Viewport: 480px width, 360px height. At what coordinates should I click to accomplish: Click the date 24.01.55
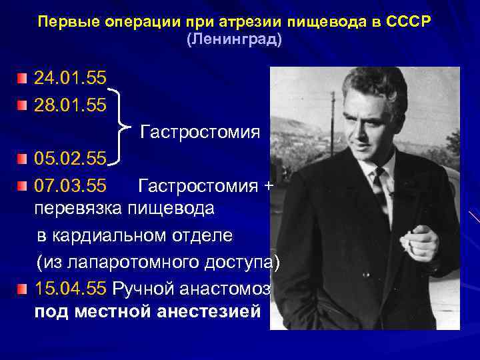click(70, 79)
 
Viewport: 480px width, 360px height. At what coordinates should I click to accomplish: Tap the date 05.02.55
click(70, 159)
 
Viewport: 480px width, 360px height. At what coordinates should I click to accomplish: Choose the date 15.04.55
click(70, 289)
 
